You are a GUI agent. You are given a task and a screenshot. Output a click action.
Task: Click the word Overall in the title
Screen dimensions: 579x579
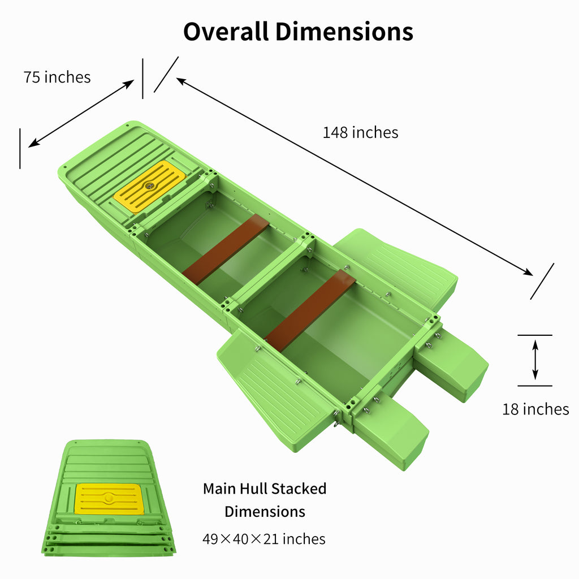(226, 32)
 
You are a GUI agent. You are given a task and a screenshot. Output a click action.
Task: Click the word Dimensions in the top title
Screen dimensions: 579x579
(345, 32)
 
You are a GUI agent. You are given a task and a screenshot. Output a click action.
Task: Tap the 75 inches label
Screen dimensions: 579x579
(57, 77)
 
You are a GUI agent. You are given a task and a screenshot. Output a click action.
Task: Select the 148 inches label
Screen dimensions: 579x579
(360, 132)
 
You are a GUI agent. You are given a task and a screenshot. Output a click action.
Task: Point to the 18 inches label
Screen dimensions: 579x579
(535, 409)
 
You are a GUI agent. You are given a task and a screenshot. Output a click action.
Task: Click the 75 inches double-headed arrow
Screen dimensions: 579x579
(81, 113)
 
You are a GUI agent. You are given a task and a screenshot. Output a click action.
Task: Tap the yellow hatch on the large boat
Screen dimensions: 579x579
(150, 186)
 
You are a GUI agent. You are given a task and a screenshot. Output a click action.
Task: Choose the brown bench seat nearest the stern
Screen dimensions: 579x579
(310, 309)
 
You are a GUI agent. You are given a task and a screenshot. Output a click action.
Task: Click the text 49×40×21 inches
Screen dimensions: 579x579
(264, 539)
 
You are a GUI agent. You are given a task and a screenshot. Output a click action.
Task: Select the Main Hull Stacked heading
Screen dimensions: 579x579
(265, 489)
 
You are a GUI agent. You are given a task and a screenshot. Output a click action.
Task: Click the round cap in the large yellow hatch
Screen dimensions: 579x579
(150, 185)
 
